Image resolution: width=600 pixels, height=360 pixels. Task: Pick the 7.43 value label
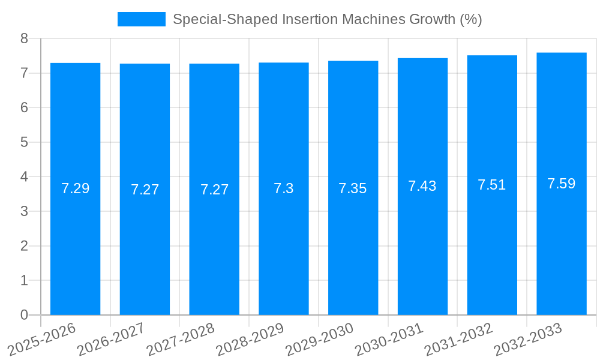point(422,186)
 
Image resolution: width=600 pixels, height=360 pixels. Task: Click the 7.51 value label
point(492,185)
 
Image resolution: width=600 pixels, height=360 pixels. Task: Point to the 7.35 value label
point(353,188)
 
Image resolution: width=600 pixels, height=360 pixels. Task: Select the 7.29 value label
point(75,188)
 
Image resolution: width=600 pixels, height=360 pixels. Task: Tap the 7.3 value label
point(284,188)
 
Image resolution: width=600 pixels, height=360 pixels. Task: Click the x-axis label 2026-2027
point(110,340)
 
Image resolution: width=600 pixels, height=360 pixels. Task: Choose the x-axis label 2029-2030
point(319,340)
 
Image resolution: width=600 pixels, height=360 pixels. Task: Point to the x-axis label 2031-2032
point(458,340)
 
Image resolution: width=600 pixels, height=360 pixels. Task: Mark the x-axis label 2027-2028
point(180,340)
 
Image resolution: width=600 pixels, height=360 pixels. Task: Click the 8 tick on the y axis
point(25,38)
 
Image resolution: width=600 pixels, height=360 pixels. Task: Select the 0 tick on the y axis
point(25,315)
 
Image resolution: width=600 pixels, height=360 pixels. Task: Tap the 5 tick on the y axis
point(25,142)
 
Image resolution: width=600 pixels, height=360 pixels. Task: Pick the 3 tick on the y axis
point(25,211)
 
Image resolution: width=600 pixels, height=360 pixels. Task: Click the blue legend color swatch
point(142,19)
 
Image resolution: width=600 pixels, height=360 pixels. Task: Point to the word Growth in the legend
point(432,19)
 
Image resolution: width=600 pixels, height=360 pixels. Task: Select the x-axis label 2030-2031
point(389,340)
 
